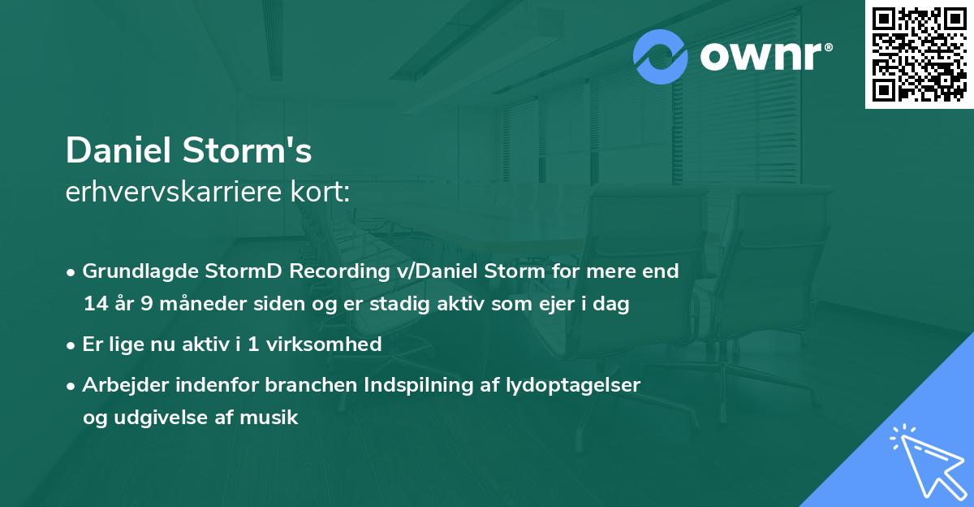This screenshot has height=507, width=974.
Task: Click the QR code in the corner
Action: click(x=920, y=54)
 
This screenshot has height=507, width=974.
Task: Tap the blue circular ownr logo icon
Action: click(x=661, y=56)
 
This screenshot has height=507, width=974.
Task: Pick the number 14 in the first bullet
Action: click(x=94, y=305)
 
